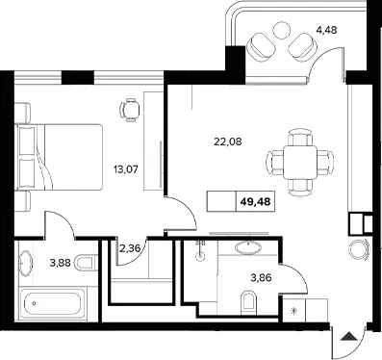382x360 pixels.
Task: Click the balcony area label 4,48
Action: (x=326, y=30)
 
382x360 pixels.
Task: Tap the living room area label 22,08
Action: (x=228, y=141)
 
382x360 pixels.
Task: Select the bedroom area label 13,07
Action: (x=126, y=169)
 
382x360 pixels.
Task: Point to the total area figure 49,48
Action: (x=255, y=202)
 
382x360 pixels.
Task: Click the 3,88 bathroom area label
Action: (x=60, y=264)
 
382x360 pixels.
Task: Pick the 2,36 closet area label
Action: (x=130, y=248)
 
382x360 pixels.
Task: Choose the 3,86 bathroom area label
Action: (x=261, y=277)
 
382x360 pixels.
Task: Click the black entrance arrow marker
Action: (x=348, y=337)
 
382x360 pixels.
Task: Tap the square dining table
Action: (x=300, y=162)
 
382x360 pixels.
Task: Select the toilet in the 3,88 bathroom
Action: (x=86, y=263)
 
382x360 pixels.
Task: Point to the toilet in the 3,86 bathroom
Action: (x=248, y=303)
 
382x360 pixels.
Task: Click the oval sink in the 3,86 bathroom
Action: (x=248, y=247)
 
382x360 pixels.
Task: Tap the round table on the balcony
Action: (x=282, y=30)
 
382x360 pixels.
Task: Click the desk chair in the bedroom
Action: (x=130, y=110)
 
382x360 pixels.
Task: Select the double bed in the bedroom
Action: (x=59, y=157)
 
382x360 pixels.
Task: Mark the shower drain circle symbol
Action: (x=201, y=257)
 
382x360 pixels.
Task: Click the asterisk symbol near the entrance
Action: (x=293, y=311)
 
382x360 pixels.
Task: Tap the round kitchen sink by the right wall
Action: (x=359, y=249)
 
